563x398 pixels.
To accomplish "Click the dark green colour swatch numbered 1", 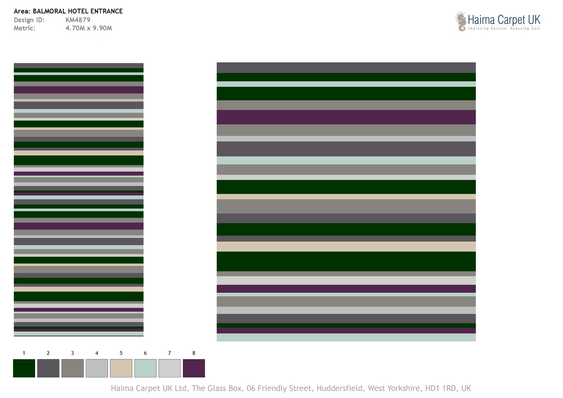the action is [x=24, y=368].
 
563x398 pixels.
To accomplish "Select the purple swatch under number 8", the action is [x=194, y=368].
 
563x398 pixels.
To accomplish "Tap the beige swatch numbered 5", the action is [x=121, y=368].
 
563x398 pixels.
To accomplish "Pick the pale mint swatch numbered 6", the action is [x=145, y=368].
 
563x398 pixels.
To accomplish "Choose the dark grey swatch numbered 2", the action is [x=48, y=368].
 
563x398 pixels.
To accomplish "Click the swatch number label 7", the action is [x=169, y=353].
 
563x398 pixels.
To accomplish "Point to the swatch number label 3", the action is [x=72, y=353].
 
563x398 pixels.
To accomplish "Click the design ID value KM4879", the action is [x=78, y=20].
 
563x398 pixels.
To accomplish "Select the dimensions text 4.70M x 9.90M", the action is [x=89, y=28].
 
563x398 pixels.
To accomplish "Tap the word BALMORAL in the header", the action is [x=49, y=11].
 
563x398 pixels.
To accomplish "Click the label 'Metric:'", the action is [x=24, y=28].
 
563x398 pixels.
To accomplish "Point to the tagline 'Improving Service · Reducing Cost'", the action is [x=504, y=28].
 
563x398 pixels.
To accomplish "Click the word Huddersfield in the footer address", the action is [x=340, y=388].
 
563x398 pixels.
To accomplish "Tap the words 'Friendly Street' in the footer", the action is [x=284, y=388].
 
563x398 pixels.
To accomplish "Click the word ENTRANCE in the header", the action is [x=106, y=11].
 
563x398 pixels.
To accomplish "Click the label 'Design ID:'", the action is [x=29, y=20].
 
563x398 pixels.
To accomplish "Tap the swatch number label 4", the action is [x=97, y=353].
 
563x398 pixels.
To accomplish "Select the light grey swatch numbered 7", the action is [x=169, y=368].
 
